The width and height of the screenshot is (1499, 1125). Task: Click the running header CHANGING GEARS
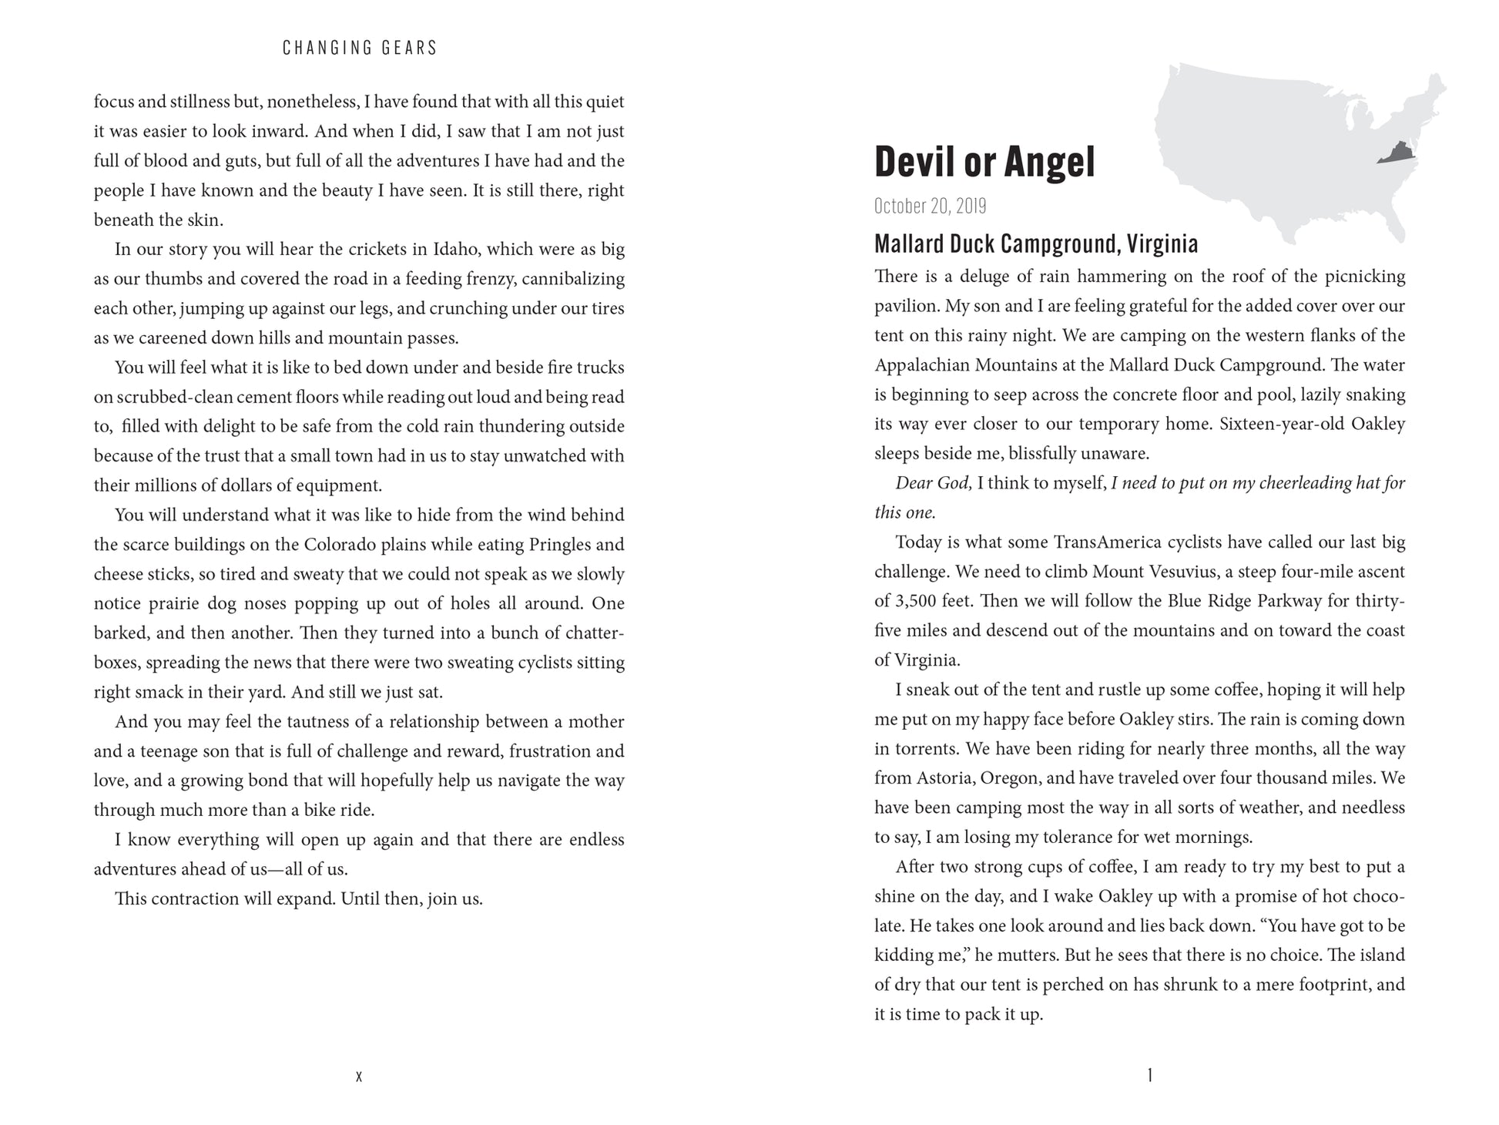click(360, 48)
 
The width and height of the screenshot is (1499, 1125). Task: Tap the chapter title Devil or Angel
click(984, 163)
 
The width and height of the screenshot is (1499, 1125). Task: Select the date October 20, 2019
click(930, 207)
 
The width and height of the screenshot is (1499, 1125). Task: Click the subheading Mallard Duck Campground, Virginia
click(1035, 244)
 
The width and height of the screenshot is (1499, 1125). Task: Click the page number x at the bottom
click(359, 1076)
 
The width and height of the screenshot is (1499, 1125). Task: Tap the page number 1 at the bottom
click(1149, 1075)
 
